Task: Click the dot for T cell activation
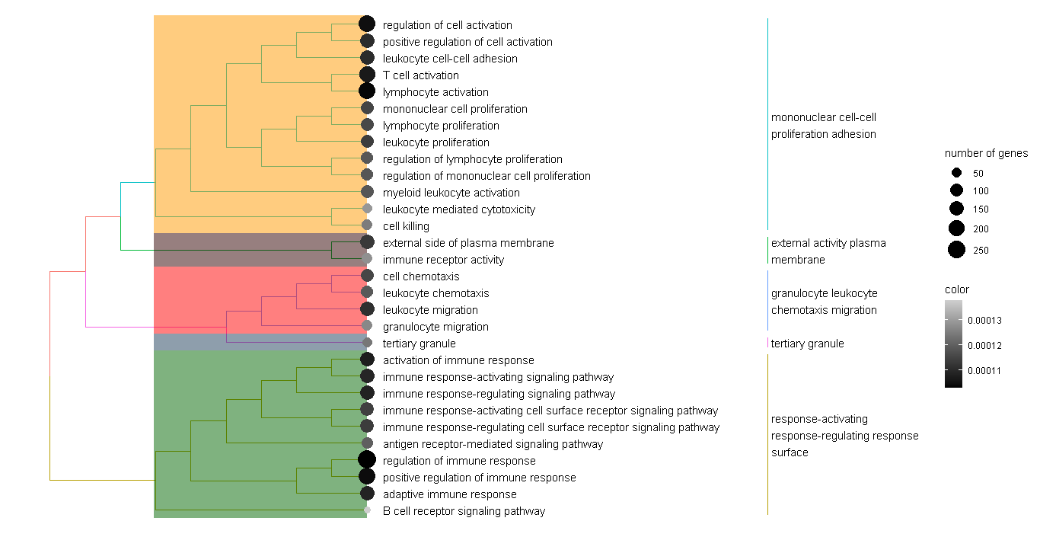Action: (x=366, y=75)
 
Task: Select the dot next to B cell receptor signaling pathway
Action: (x=367, y=510)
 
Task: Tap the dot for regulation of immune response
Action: (x=366, y=459)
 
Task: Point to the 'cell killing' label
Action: (x=406, y=226)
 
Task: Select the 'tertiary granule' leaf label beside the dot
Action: (x=419, y=344)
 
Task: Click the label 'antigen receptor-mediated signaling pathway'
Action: (x=493, y=444)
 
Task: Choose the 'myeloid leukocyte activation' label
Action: (x=451, y=193)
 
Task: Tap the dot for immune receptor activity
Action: (x=367, y=259)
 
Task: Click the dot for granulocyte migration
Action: (x=367, y=326)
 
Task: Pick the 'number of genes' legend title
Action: (x=986, y=153)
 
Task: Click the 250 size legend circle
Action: (x=957, y=249)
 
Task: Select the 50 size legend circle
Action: (x=957, y=172)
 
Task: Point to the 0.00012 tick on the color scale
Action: (x=984, y=346)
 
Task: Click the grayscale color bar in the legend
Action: (x=953, y=344)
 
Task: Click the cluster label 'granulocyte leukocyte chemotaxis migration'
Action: (x=824, y=302)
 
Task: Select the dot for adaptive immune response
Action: (x=367, y=494)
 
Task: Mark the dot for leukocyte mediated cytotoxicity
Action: (x=367, y=209)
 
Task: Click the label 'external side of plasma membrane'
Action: (x=468, y=243)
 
